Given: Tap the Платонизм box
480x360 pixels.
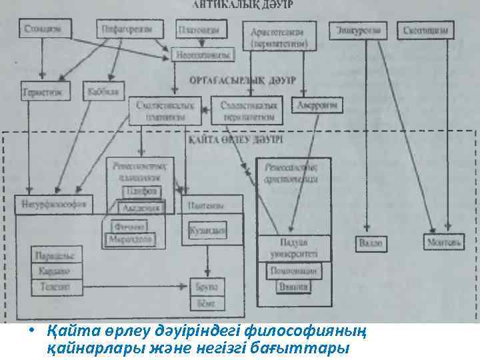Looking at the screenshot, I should point(201,29).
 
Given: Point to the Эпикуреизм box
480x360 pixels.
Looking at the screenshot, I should point(359,30).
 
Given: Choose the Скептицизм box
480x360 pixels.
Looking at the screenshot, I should point(426,30).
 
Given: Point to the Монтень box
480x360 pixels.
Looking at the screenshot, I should point(443,243).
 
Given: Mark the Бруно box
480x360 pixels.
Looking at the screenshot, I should point(207,288).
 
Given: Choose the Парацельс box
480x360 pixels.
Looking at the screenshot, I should point(57,255).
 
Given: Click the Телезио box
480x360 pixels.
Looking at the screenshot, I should point(57,287).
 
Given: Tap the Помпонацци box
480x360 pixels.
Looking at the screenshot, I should point(293,271).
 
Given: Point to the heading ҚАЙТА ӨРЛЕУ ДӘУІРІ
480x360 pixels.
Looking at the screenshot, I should point(233,141).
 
